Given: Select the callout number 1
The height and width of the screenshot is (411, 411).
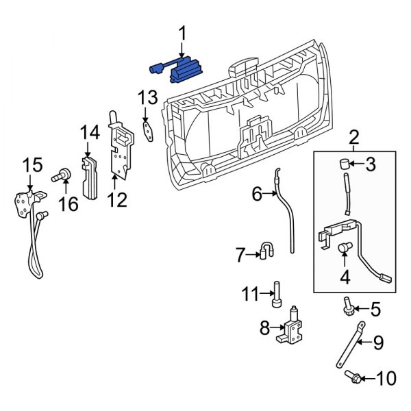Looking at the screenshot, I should tap(182, 32).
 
